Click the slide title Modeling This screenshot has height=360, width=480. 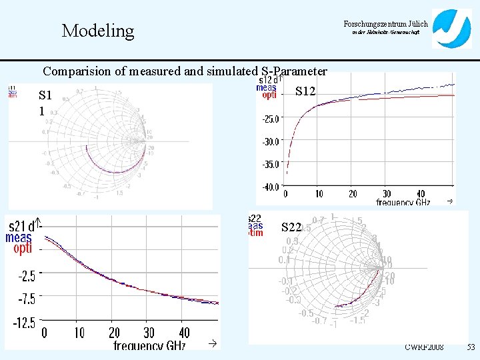pos(97,31)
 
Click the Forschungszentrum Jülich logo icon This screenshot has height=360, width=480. pos(451,28)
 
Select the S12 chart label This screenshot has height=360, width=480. pos(305,91)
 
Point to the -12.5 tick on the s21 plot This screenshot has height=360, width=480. pos(25,323)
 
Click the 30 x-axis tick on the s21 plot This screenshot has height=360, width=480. pos(149,332)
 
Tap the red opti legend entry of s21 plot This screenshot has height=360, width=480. pos(22,249)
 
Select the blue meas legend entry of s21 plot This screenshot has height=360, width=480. pos(19,237)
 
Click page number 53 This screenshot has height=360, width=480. pos(471,347)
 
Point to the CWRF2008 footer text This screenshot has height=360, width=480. pos(424,347)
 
